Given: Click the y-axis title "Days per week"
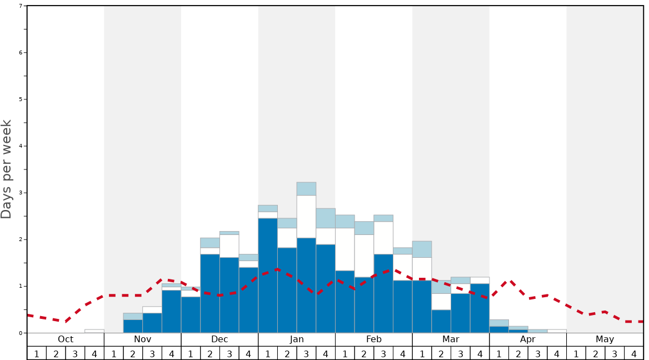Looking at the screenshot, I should pyautogui.click(x=7, y=169).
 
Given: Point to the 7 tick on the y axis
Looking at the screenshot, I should pyautogui.click(x=21, y=6).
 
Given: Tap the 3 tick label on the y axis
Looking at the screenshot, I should pyautogui.click(x=21, y=193).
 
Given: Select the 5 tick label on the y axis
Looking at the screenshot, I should pyautogui.click(x=21, y=99).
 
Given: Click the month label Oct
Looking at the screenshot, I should pyautogui.click(x=66, y=339).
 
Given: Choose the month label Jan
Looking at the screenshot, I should pyautogui.click(x=297, y=339).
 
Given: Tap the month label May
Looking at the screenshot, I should pyautogui.click(x=605, y=339).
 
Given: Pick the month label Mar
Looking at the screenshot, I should pyautogui.click(x=451, y=339).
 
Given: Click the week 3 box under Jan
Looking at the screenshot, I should pyautogui.click(x=306, y=353).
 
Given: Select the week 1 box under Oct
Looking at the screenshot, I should pyautogui.click(x=37, y=353).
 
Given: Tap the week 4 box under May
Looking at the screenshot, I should pyautogui.click(x=634, y=353).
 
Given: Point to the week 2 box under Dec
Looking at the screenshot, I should pyautogui.click(x=210, y=353).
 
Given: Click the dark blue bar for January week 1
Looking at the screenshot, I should pyautogui.click(x=268, y=276).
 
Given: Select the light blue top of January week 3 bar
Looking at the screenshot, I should pyautogui.click(x=306, y=189).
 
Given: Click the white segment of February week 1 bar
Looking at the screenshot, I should pyautogui.click(x=345, y=249).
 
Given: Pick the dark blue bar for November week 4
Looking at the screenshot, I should pyautogui.click(x=172, y=312).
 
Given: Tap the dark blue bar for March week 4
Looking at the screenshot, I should pyautogui.click(x=480, y=308).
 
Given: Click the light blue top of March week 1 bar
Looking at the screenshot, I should pyautogui.click(x=422, y=249).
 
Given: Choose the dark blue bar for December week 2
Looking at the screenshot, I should pyautogui.click(x=210, y=293).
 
